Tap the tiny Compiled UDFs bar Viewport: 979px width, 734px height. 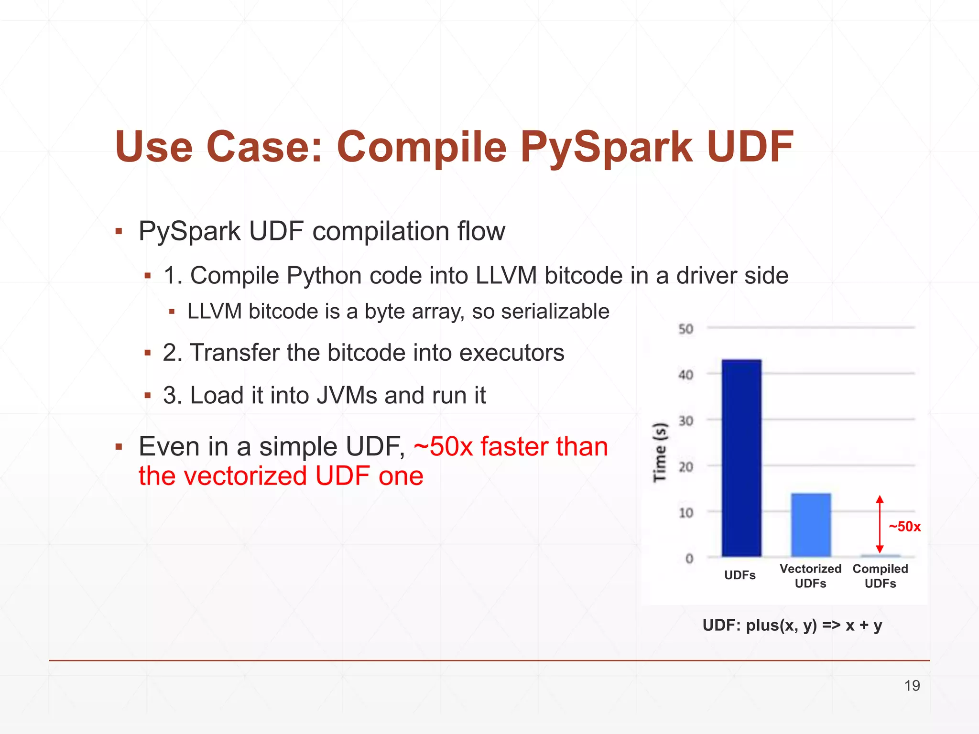pyautogui.click(x=881, y=556)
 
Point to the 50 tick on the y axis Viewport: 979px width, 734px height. pyautogui.click(x=685, y=329)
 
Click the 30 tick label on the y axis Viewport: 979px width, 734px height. pyautogui.click(x=685, y=421)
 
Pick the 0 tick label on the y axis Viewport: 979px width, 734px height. pyautogui.click(x=689, y=558)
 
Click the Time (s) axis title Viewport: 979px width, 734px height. pyautogui.click(x=660, y=452)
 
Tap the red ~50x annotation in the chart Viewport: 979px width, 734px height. pyautogui.click(x=904, y=527)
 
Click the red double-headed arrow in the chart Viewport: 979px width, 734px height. pyautogui.click(x=880, y=524)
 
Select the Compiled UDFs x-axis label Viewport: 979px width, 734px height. pyautogui.click(x=880, y=576)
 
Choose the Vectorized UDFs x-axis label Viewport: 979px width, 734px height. pyautogui.click(x=810, y=576)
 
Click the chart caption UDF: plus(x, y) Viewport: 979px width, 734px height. pyautogui.click(x=792, y=625)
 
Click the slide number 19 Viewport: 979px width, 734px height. pyautogui.click(x=912, y=686)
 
